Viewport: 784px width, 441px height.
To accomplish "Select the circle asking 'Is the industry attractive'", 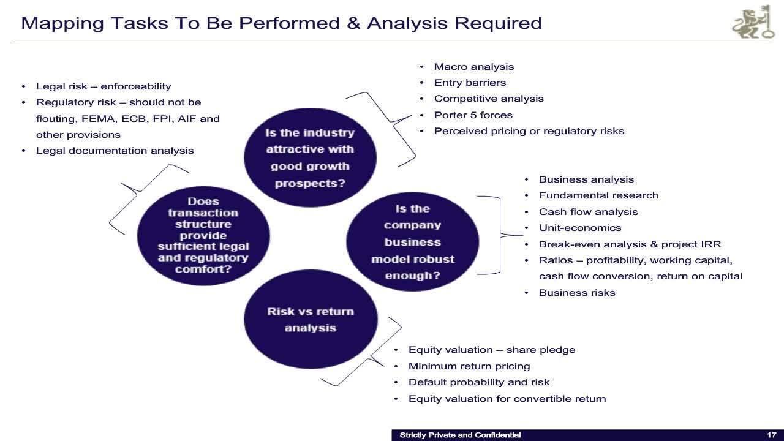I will click(310, 157).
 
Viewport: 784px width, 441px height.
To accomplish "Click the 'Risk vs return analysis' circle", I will click(310, 320).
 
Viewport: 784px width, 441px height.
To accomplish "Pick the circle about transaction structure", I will click(203, 235).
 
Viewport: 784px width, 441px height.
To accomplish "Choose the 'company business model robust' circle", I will click(412, 242).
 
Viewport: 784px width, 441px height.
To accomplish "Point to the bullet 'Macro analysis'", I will click(473, 67).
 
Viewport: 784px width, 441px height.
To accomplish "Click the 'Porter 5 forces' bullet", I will click(473, 115).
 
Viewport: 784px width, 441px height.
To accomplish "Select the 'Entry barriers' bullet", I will click(470, 83).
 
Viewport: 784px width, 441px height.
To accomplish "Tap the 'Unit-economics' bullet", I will click(579, 228).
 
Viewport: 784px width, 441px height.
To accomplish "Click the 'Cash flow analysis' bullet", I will click(588, 212).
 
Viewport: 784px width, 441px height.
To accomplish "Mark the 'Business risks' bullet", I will click(576, 293).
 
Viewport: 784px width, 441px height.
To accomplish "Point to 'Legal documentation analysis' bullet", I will click(115, 151).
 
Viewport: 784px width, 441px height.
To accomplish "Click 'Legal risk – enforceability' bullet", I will click(103, 86).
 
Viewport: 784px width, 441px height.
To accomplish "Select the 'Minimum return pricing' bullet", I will click(469, 366).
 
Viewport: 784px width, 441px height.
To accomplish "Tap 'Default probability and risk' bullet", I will click(478, 382).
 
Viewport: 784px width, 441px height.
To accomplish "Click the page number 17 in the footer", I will click(771, 435).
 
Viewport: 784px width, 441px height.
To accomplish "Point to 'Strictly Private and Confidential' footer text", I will click(460, 435).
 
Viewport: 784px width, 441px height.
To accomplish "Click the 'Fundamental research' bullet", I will click(598, 195).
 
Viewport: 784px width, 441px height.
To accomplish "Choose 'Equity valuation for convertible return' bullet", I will click(507, 399).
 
